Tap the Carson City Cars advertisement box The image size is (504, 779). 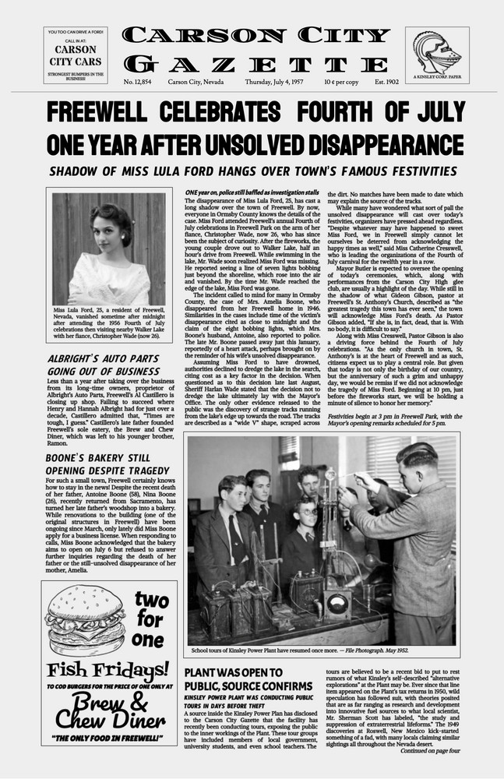click(x=75, y=55)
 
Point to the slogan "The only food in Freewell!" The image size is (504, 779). click(x=109, y=737)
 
